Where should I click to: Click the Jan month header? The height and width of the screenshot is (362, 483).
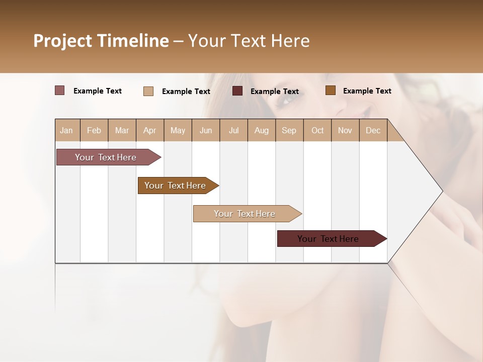[x=67, y=130]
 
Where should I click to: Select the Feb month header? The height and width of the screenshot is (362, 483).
[x=94, y=130]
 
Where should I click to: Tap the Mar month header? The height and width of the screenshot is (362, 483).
[x=122, y=130]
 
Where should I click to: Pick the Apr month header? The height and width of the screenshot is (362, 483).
[x=150, y=130]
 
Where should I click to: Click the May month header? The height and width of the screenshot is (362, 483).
[x=178, y=130]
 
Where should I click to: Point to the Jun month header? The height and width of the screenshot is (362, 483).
[x=206, y=130]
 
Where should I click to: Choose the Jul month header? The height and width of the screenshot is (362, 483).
[x=233, y=130]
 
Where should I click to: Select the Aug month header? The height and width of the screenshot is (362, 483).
[x=262, y=130]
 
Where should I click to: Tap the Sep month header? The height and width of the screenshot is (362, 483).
[x=289, y=130]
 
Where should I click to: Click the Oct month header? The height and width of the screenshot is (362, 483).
[x=317, y=130]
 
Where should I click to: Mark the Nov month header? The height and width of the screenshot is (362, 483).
[x=345, y=130]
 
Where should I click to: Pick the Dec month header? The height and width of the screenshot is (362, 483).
[x=373, y=130]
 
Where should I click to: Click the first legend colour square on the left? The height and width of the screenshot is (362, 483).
[x=60, y=90]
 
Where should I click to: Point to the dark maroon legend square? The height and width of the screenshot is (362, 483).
[x=237, y=91]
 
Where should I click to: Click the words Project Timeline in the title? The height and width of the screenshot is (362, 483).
[x=101, y=41]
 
